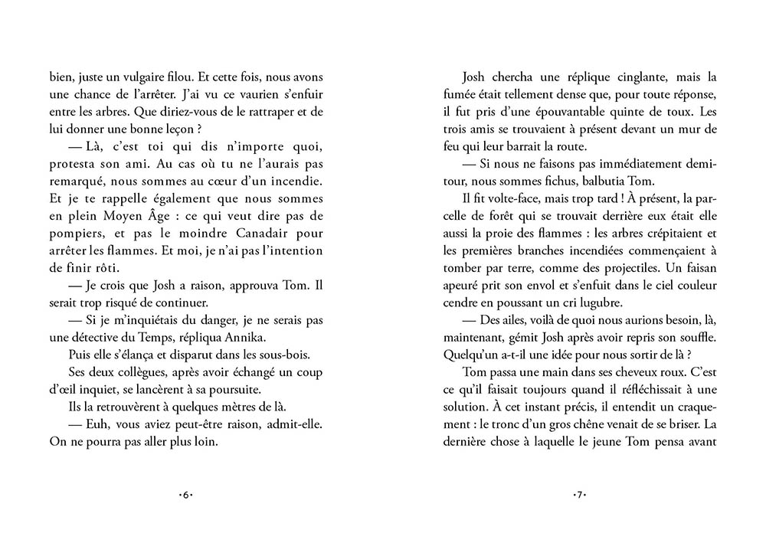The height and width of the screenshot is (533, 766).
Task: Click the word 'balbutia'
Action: point(649,181)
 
